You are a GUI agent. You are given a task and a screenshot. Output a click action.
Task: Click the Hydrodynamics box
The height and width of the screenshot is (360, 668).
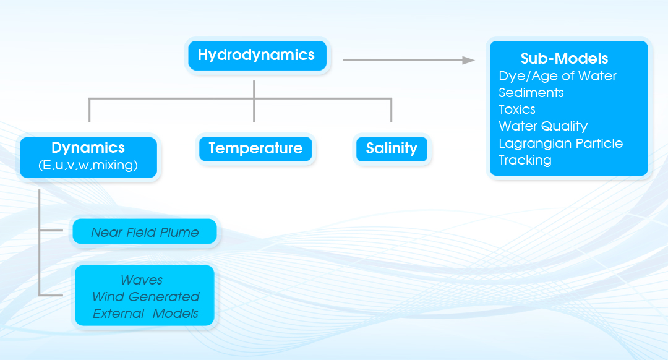257,56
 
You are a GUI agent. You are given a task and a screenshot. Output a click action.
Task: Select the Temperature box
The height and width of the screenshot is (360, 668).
255,148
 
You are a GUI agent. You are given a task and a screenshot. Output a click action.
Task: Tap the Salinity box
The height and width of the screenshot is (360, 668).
392,148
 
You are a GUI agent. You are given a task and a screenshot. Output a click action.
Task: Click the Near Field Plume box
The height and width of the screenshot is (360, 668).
145,231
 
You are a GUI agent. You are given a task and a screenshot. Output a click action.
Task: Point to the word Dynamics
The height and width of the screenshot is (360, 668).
88,147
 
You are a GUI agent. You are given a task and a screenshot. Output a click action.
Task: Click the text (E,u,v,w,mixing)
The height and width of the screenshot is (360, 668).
88,165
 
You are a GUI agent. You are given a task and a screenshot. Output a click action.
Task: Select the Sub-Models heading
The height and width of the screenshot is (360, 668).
564,58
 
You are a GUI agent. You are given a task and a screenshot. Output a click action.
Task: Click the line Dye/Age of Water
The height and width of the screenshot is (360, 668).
557,76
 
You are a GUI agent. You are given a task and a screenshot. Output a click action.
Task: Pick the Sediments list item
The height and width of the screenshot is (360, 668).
531,92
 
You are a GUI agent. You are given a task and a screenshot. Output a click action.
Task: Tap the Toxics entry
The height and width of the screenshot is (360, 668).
516,109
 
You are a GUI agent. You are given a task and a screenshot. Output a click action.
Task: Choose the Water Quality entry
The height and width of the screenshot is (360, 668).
543,126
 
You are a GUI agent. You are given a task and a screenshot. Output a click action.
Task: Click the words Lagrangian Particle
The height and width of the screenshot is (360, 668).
560,143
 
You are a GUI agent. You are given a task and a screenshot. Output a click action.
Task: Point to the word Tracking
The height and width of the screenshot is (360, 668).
525,160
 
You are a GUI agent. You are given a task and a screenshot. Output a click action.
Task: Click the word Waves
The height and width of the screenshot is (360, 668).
142,280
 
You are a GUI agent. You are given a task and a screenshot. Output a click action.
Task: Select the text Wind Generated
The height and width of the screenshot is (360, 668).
146,296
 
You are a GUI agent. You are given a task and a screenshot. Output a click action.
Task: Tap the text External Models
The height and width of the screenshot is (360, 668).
145,314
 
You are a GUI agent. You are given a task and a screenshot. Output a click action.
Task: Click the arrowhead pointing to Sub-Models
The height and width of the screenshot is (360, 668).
469,60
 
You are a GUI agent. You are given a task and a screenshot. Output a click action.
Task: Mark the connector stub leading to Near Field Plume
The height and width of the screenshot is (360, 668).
51,231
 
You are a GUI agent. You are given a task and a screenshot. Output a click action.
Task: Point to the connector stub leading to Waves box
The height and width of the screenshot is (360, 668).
51,294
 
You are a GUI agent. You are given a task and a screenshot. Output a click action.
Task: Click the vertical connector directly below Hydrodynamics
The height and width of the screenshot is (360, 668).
254,101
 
